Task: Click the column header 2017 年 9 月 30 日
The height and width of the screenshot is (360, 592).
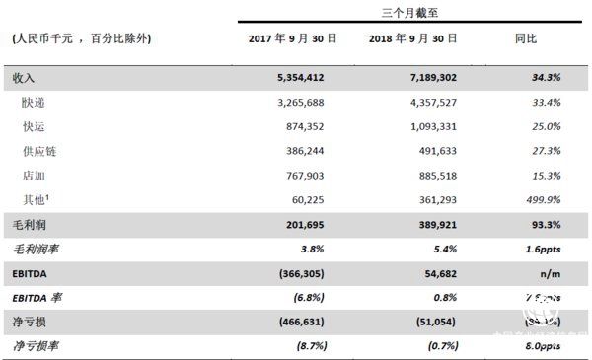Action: [x=292, y=39]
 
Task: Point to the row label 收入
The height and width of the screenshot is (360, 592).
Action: [x=24, y=77]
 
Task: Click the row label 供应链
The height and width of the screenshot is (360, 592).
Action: [x=39, y=152]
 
